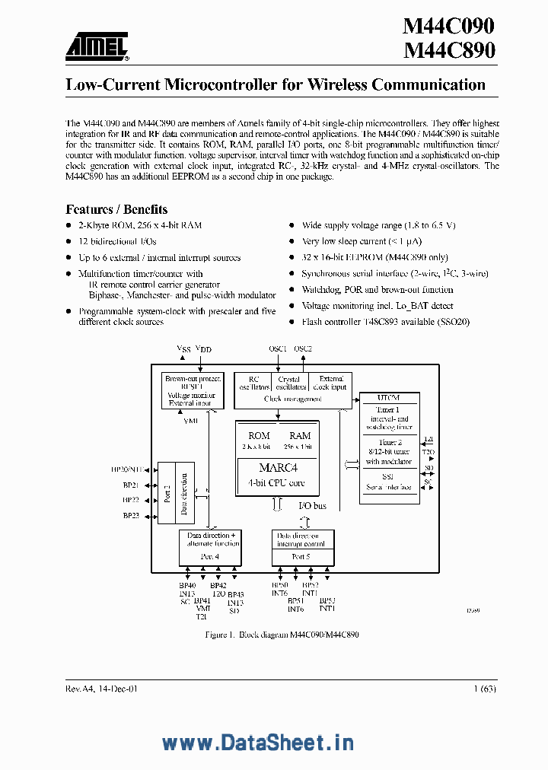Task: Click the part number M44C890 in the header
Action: (448, 51)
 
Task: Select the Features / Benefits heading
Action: (116, 209)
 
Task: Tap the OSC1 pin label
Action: (278, 348)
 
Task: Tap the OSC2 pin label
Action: (303, 348)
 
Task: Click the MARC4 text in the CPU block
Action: (276, 468)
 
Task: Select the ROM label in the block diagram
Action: (259, 435)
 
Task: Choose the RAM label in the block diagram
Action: (300, 435)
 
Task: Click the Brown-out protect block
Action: (193, 390)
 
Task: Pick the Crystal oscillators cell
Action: (290, 383)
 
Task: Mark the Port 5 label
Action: (301, 557)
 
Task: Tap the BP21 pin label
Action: (131, 485)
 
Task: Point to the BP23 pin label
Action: (131, 516)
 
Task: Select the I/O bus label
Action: (312, 505)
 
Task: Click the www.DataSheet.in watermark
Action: (259, 743)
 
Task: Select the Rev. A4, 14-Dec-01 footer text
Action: (102, 688)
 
